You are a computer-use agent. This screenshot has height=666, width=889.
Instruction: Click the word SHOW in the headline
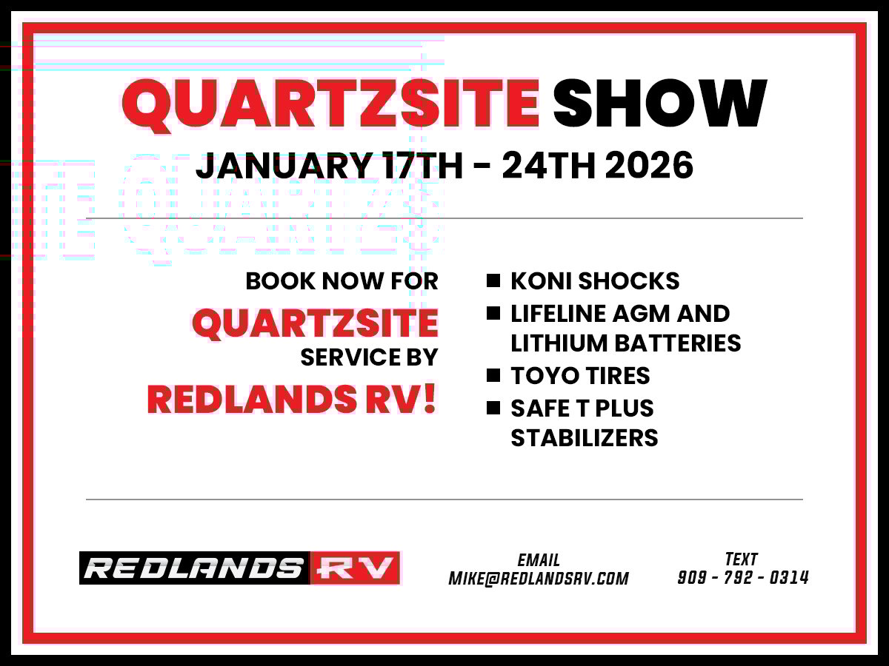[x=660, y=103]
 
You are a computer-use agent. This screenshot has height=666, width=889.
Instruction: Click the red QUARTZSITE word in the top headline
[x=330, y=105]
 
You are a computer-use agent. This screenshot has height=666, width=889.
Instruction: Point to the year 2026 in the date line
[x=649, y=165]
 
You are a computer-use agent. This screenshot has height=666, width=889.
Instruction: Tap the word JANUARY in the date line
[x=284, y=165]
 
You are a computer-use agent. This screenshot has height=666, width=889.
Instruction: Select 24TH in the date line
[x=549, y=165]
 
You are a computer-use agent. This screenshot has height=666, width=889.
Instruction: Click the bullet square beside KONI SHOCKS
[x=493, y=280]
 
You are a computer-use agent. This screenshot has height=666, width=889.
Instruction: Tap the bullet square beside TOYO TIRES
[x=493, y=375]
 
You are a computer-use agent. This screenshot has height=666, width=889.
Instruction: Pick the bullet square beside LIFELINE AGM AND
[x=493, y=313]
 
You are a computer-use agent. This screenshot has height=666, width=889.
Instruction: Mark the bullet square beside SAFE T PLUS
[x=493, y=408]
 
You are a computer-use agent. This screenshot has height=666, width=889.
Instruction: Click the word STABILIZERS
[x=585, y=438]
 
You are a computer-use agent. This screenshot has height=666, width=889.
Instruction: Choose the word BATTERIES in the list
[x=678, y=343]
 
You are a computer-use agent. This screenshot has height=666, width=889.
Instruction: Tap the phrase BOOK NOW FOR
[x=342, y=281]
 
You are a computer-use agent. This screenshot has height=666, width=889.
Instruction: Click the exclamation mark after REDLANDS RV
[x=430, y=398]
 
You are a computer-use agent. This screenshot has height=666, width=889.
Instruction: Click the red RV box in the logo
[x=355, y=568]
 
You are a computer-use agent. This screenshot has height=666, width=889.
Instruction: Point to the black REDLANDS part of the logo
[x=195, y=568]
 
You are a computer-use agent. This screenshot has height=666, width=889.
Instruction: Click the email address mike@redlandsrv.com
[x=539, y=579]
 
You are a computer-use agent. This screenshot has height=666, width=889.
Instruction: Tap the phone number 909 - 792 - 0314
[x=743, y=577]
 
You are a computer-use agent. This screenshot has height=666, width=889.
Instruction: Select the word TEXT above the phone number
[x=742, y=559]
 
